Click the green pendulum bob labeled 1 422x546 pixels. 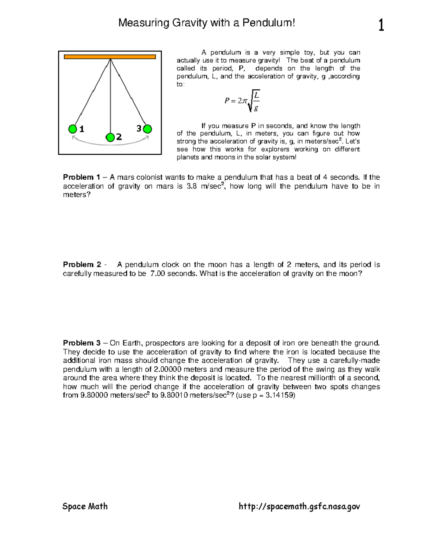(72, 129)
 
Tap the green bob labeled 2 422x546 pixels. (110, 137)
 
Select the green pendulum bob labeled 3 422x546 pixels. (148, 129)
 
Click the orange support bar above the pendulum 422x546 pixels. (110, 57)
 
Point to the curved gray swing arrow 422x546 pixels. (110, 142)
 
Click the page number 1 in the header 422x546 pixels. (381, 26)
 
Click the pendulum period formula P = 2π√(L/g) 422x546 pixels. (242, 101)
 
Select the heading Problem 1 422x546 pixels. (81, 177)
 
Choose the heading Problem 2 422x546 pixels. (81, 264)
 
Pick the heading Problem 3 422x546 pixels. (81, 343)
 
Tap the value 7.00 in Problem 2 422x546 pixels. (158, 274)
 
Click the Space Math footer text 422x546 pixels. (85, 506)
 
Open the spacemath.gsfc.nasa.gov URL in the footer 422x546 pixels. (299, 506)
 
